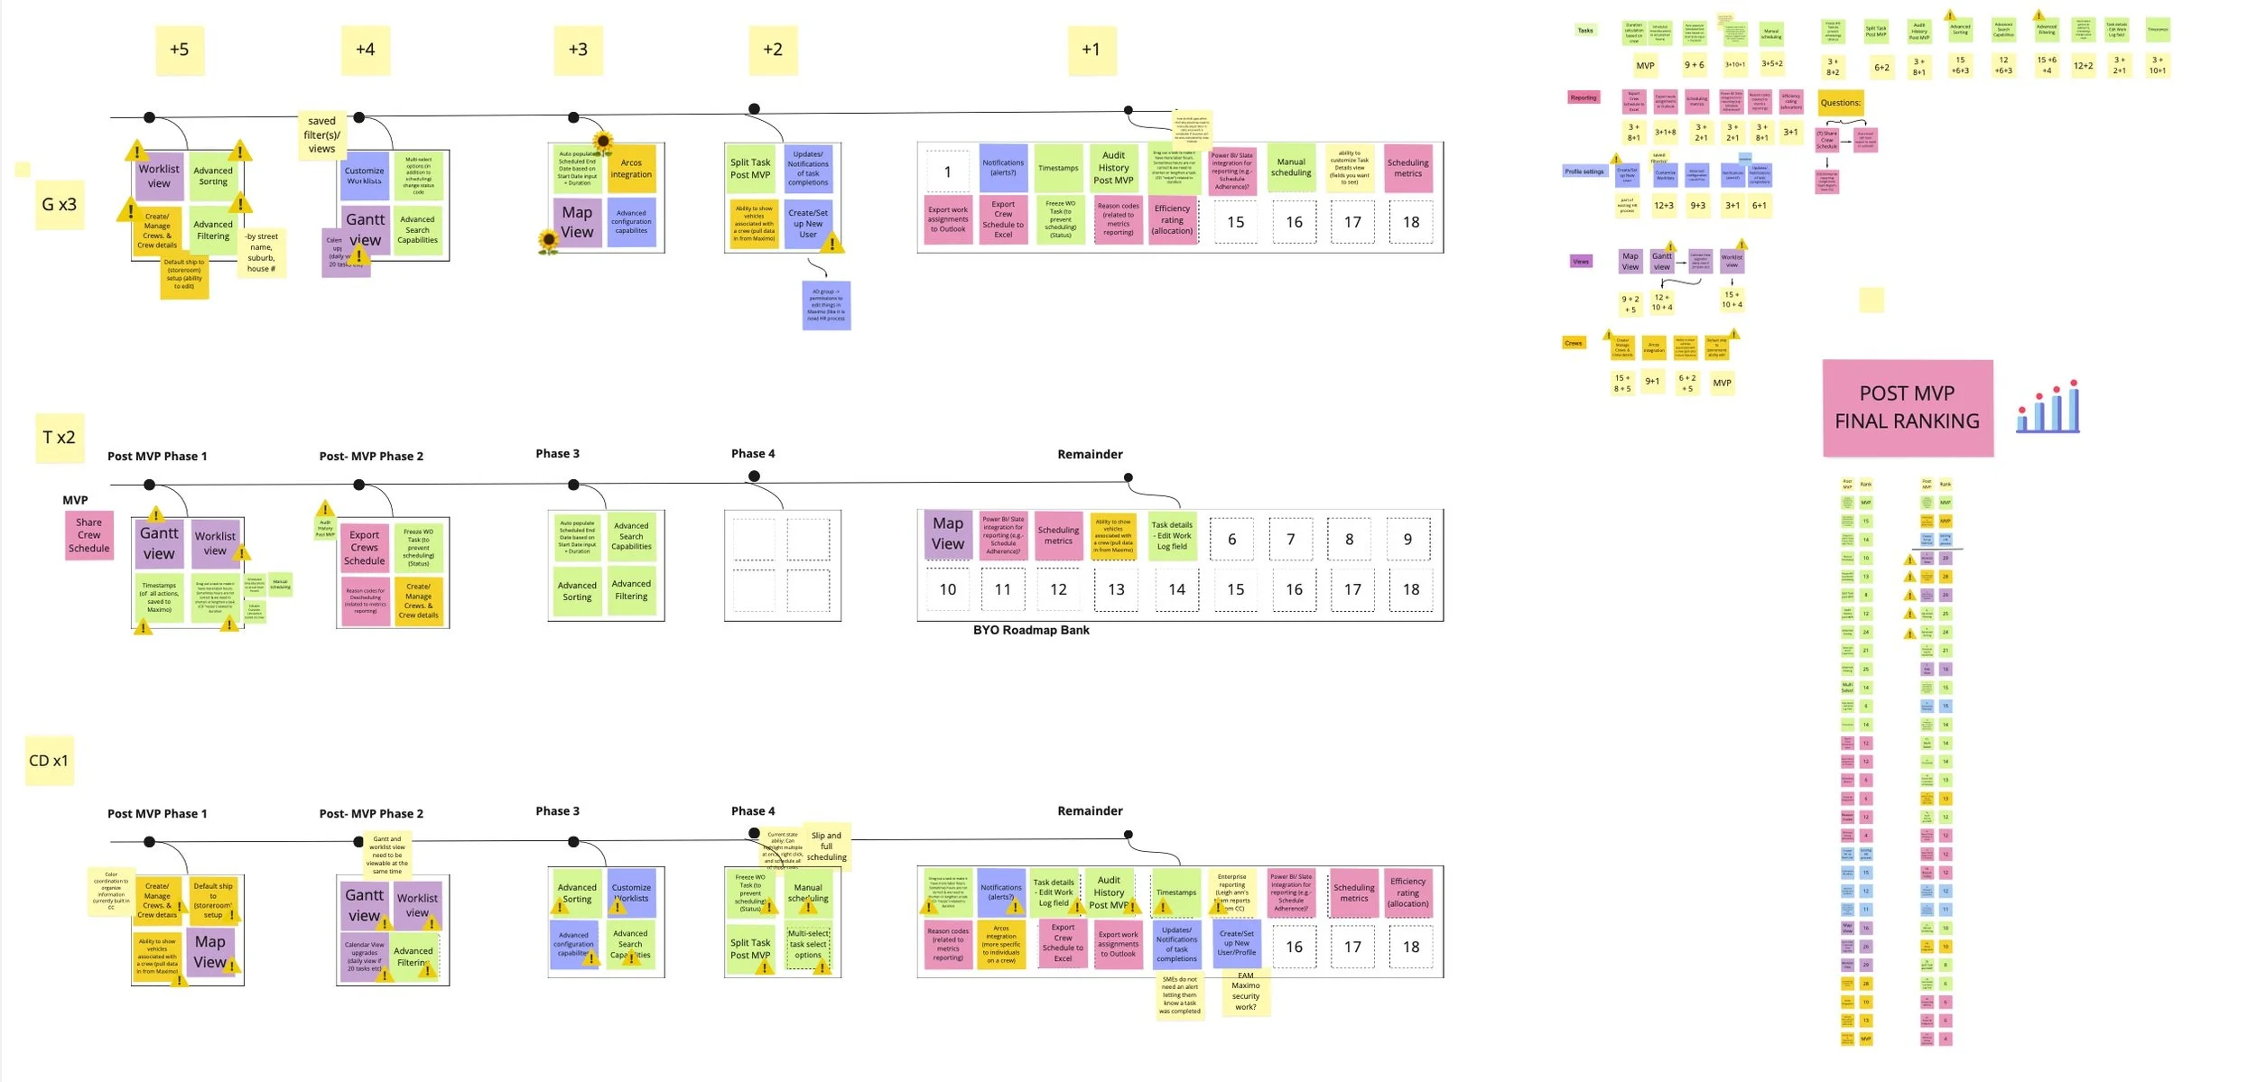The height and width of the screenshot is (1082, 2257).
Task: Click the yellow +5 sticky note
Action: point(180,50)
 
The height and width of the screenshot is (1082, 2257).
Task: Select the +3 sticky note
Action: point(578,50)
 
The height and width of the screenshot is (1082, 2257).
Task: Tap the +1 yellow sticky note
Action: point(1091,50)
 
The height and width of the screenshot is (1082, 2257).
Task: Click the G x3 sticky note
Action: point(60,205)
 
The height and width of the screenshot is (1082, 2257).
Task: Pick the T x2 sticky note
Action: point(60,438)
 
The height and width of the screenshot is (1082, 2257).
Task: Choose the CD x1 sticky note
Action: point(49,761)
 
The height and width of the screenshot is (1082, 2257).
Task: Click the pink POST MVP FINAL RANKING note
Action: point(1907,408)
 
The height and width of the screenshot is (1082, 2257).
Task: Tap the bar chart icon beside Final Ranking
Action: point(2048,408)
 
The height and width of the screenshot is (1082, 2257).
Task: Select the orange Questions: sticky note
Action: point(1840,103)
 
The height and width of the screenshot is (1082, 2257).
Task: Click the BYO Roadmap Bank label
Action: point(1031,631)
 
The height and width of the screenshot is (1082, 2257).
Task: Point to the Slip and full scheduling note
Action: point(826,846)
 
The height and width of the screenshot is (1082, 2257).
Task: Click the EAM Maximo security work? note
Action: point(1246,992)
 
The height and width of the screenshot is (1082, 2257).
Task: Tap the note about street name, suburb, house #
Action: point(261,253)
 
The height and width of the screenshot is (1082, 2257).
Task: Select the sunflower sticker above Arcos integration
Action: point(603,142)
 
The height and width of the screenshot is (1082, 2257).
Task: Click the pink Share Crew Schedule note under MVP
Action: point(88,535)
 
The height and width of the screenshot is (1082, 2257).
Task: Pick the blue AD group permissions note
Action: point(826,305)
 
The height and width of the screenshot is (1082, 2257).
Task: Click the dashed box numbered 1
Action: point(947,172)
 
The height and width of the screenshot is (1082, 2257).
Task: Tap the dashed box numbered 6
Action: point(1231,540)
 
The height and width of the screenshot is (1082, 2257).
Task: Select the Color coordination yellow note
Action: point(111,891)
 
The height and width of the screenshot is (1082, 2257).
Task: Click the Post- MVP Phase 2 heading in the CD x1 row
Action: point(371,814)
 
